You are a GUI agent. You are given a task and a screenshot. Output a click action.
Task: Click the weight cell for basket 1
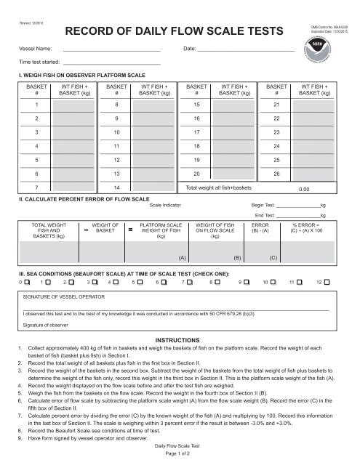point(73,106)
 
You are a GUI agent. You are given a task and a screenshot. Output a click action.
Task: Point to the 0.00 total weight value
point(315,188)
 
